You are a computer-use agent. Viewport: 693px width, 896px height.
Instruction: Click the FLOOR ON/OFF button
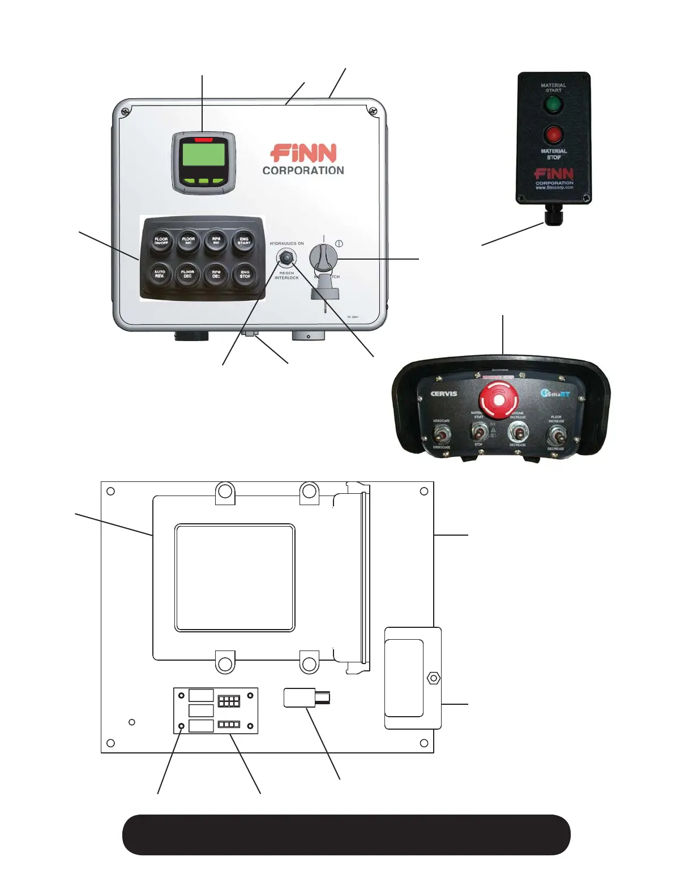point(161,240)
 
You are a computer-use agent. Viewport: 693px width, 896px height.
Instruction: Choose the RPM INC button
point(216,240)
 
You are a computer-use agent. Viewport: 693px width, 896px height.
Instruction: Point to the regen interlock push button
point(286,259)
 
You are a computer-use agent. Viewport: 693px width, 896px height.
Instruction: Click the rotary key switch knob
point(323,259)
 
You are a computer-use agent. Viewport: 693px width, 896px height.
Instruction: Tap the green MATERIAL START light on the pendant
point(553,105)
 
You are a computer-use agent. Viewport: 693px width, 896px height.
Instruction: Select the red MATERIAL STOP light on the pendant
point(553,135)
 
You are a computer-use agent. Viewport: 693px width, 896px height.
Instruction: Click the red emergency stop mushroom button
point(498,399)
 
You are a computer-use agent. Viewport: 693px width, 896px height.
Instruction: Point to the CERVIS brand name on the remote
point(444,394)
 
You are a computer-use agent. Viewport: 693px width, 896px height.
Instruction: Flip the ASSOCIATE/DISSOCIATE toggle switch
point(441,434)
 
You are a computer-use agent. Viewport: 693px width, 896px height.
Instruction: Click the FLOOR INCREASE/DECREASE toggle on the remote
point(556,434)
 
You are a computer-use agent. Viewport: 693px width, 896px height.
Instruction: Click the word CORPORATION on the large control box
point(303,170)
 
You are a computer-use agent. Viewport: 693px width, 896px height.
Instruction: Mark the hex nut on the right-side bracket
point(433,678)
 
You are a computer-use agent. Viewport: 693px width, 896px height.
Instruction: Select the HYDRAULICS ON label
point(286,244)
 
